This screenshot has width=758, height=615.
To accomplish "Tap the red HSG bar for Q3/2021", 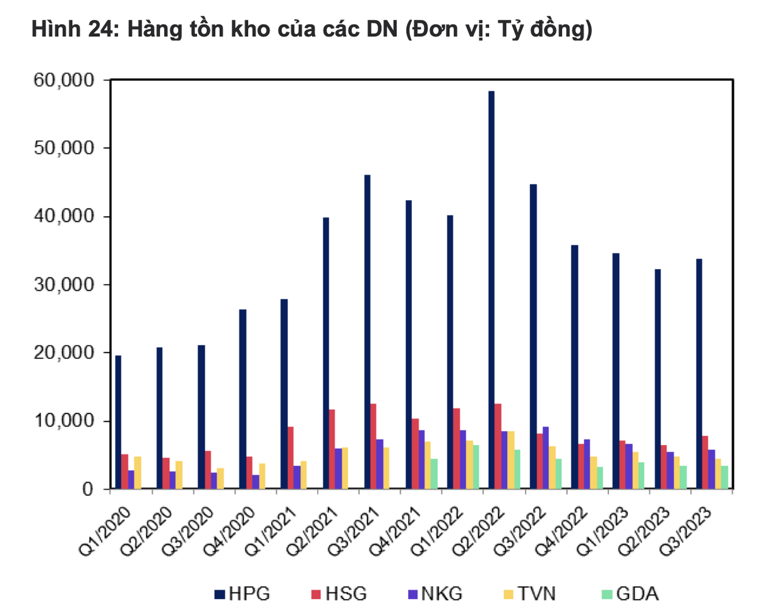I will click(x=373, y=446).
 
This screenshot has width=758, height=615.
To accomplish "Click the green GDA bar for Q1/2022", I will click(x=476, y=466).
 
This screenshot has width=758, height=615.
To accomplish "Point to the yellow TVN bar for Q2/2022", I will click(x=510, y=460).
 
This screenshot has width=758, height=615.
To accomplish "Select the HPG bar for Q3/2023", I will click(x=699, y=373).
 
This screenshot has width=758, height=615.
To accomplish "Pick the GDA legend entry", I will click(x=632, y=594).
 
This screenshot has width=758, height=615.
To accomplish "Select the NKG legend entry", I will click(x=436, y=594).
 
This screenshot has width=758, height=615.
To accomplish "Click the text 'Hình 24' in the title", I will click(x=71, y=30).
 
